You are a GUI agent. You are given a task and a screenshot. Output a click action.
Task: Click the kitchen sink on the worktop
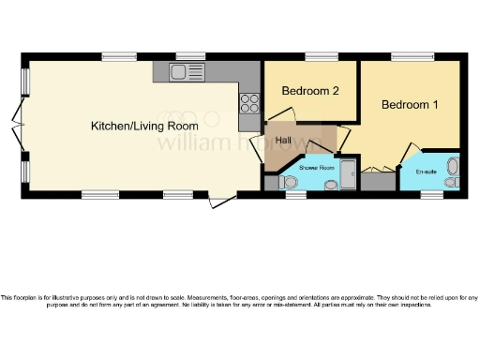[x=187, y=71]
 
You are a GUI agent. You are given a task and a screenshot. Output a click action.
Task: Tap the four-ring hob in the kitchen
[x=250, y=102]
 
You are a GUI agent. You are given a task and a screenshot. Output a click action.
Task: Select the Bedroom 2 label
[x=309, y=91]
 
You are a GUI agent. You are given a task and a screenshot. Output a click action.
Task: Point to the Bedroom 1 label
[x=410, y=105]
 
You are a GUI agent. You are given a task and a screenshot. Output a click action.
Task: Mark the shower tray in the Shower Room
[x=348, y=175]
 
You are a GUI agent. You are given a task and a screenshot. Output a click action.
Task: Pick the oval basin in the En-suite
[x=453, y=165]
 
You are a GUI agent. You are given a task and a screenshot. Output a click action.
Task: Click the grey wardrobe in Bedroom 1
[x=380, y=180]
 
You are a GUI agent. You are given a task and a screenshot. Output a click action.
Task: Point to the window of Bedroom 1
[x=407, y=56]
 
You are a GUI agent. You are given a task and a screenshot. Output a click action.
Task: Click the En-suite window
[x=432, y=195]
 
